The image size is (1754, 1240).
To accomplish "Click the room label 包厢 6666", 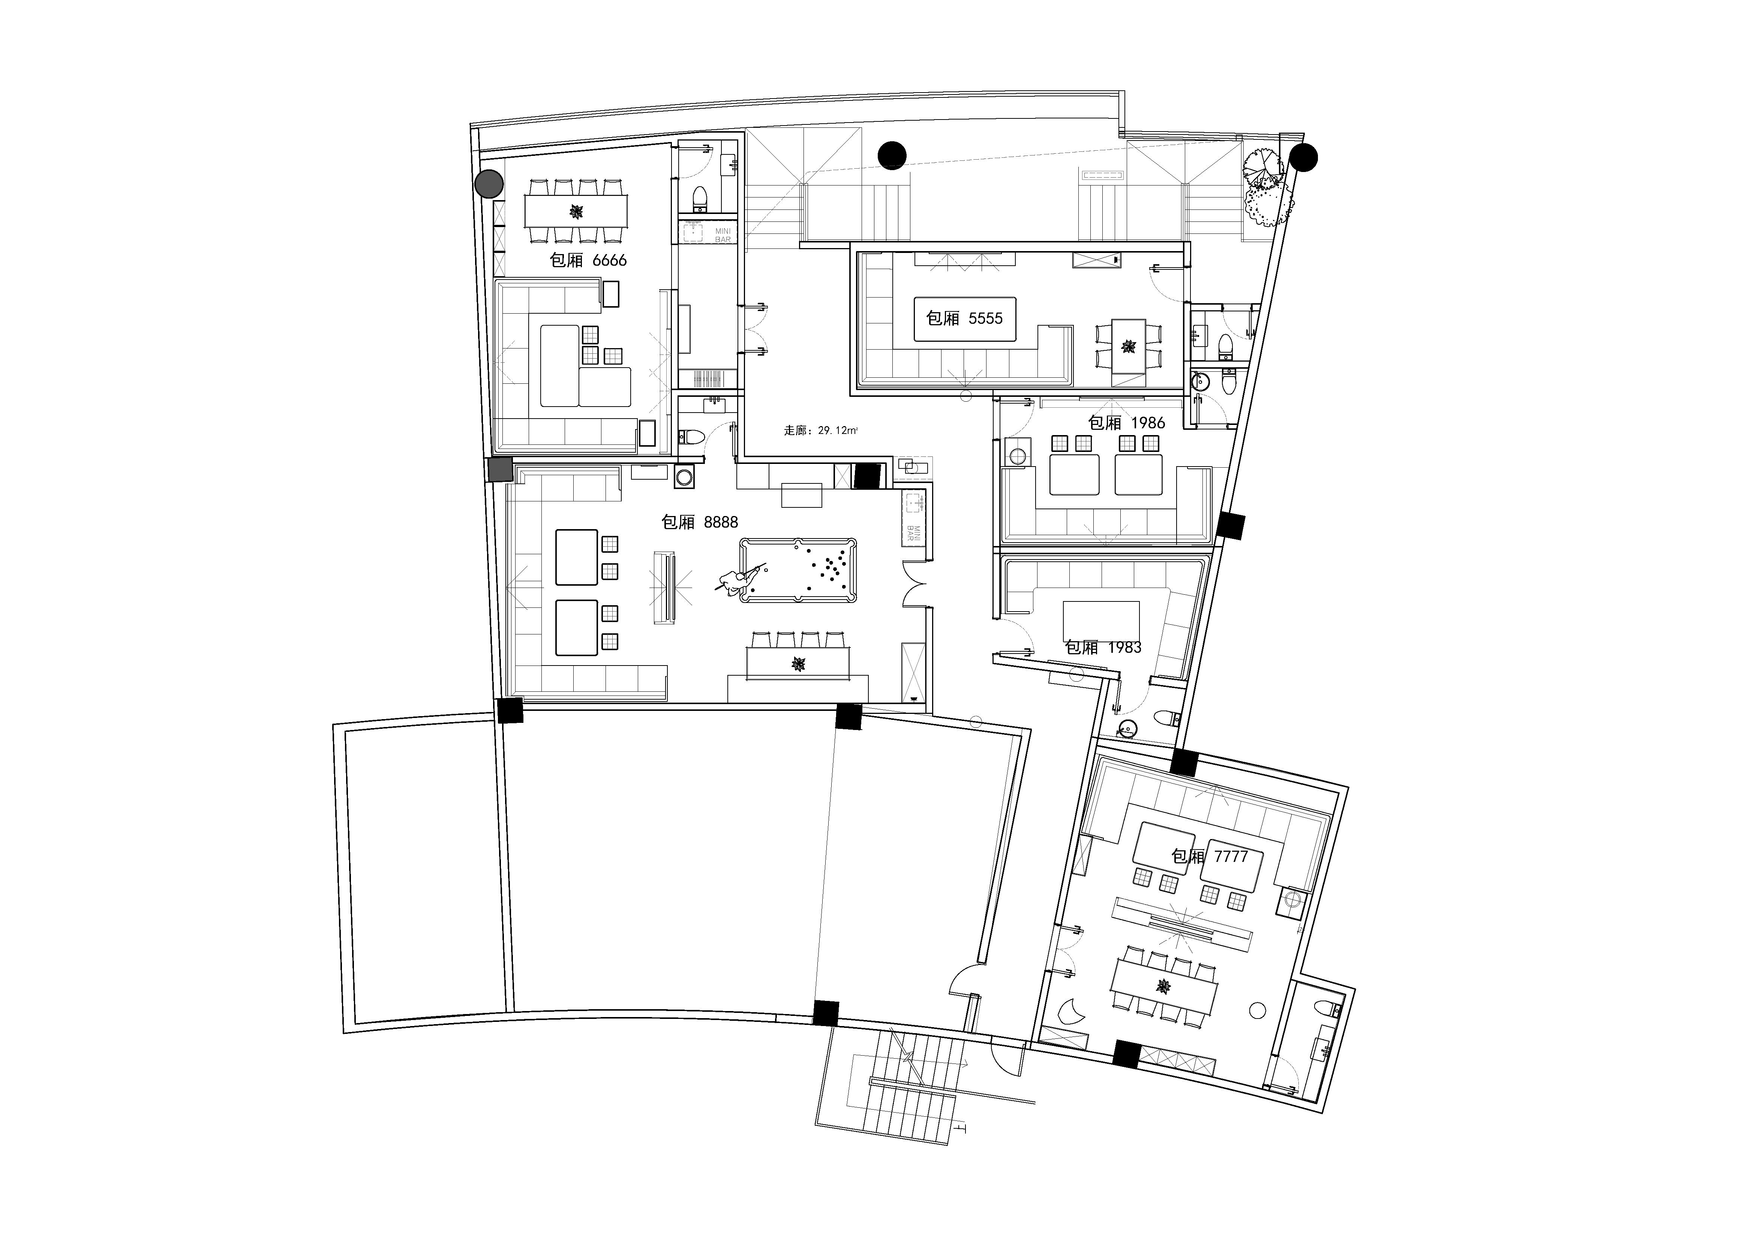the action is click(x=588, y=260).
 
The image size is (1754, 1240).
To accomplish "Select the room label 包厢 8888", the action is click(x=700, y=522).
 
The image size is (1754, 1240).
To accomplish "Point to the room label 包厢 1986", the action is click(x=1127, y=423).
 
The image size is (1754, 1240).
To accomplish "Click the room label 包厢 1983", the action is click(x=1103, y=648).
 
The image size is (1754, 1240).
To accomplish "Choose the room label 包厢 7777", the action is click(x=1209, y=857).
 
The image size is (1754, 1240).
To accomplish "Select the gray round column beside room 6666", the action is click(x=489, y=184).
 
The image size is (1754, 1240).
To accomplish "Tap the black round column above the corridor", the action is click(x=892, y=156).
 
